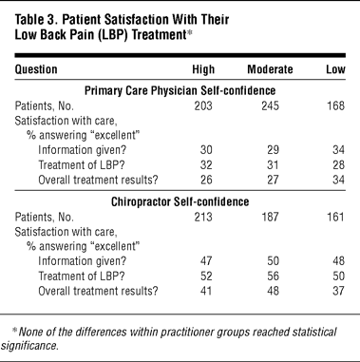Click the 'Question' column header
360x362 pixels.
36,69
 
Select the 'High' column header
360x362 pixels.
203,69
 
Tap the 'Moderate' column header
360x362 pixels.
270,69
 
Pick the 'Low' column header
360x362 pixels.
335,69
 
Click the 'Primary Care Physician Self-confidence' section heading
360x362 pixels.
180,90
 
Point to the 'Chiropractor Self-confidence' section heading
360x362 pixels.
180,201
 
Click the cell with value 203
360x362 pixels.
203,105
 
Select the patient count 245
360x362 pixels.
270,105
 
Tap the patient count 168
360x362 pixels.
335,105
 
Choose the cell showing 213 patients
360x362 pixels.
203,217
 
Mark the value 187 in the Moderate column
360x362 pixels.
270,217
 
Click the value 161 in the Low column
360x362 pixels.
335,217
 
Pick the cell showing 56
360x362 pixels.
273,276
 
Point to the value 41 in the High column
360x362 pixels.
206,291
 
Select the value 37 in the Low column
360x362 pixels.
338,291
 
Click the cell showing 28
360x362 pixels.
338,164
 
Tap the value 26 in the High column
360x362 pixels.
206,180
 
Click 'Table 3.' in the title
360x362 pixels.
35,20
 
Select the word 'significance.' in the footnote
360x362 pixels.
30,345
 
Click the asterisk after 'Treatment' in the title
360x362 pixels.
189,32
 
